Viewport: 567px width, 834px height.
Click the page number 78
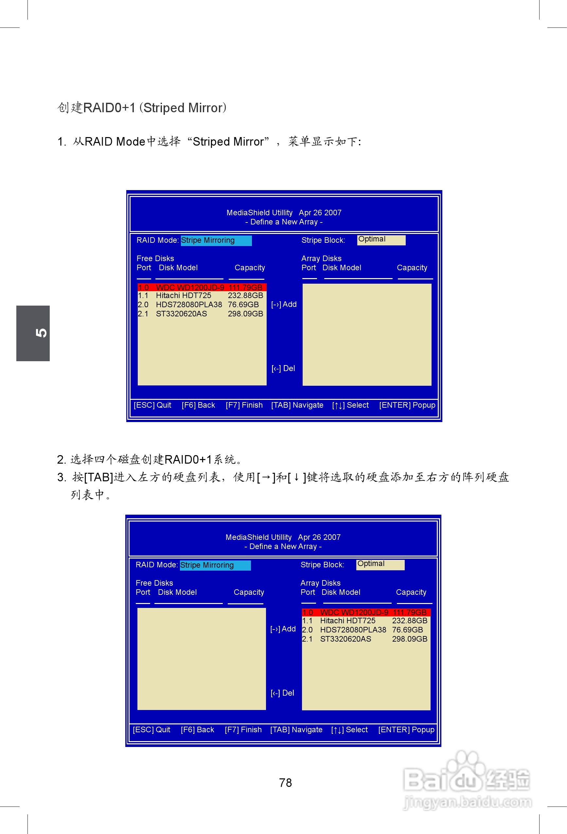(285, 783)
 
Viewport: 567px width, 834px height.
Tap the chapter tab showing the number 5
(33, 333)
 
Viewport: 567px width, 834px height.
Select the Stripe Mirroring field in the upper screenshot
(216, 240)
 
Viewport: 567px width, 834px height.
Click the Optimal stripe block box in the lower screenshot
(380, 564)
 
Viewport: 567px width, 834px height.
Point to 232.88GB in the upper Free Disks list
(245, 295)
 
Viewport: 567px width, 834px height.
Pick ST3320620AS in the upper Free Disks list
(181, 314)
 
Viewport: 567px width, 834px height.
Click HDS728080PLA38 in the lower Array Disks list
(353, 630)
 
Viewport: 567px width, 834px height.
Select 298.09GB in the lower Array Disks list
(409, 639)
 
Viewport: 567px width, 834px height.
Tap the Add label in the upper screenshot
(289, 304)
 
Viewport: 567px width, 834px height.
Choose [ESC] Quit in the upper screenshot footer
(152, 405)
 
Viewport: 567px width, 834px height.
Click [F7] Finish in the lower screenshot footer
(243, 730)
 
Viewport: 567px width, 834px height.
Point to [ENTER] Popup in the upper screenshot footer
(407, 405)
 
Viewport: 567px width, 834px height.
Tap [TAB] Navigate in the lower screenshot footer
(296, 730)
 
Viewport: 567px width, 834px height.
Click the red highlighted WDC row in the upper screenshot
(202, 287)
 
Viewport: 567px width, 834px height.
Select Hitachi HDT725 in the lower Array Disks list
(347, 620)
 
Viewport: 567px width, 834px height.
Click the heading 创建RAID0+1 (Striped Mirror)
(142, 108)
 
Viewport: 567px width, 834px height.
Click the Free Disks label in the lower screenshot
(154, 583)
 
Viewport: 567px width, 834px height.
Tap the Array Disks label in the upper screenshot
(321, 258)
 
